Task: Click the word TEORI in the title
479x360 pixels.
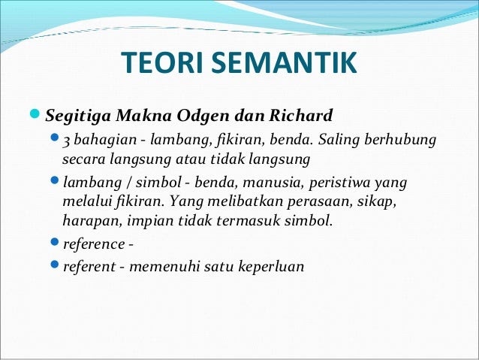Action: pyautogui.click(x=162, y=62)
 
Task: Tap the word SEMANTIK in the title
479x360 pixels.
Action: pyautogui.click(x=284, y=62)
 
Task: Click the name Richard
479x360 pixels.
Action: pyautogui.click(x=301, y=115)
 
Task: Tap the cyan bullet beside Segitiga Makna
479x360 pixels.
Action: pyautogui.click(x=35, y=113)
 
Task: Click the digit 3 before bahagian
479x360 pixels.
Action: pyautogui.click(x=66, y=141)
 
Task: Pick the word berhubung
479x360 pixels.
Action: pyautogui.click(x=400, y=141)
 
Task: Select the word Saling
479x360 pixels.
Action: pyautogui.click(x=339, y=141)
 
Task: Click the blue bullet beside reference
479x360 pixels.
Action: pyautogui.click(x=54, y=242)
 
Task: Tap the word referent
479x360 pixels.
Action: pyautogui.click(x=89, y=266)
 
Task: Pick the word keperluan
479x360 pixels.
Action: pyautogui.click(x=271, y=266)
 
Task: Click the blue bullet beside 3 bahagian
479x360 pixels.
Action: pyautogui.click(x=54, y=138)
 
